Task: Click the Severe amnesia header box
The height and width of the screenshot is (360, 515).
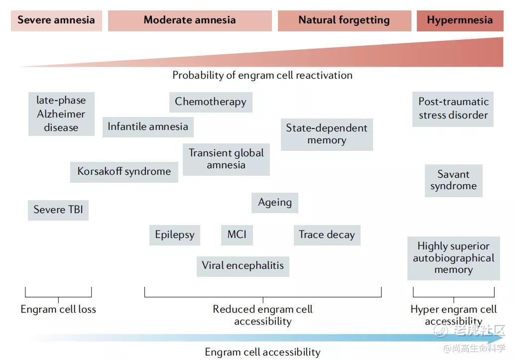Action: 56,20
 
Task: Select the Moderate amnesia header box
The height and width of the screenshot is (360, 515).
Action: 190,20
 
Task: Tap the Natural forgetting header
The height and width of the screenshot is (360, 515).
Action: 344,20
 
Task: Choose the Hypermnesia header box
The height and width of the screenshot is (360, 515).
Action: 460,20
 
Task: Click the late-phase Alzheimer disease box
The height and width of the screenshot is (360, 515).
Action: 61,114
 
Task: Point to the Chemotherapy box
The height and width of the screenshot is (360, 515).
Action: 211,102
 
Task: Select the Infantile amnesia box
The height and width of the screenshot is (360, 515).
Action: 148,126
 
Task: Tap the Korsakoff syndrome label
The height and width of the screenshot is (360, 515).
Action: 124,172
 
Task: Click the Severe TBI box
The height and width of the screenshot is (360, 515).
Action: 58,210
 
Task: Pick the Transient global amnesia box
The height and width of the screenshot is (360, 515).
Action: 226,159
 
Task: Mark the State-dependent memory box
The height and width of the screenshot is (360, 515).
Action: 327,134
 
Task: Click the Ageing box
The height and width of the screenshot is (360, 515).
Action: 275,203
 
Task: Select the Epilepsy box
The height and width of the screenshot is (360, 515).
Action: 174,235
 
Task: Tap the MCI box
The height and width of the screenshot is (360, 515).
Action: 237,235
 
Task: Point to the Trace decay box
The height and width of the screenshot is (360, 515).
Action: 327,235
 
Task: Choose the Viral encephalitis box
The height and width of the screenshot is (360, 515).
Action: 243,266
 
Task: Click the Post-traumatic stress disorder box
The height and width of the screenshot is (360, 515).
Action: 453,109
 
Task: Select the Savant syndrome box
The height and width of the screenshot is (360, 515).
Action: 454,180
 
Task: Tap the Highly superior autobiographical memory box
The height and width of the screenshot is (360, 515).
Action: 453,258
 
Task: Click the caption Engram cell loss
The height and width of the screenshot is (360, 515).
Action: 58,309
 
